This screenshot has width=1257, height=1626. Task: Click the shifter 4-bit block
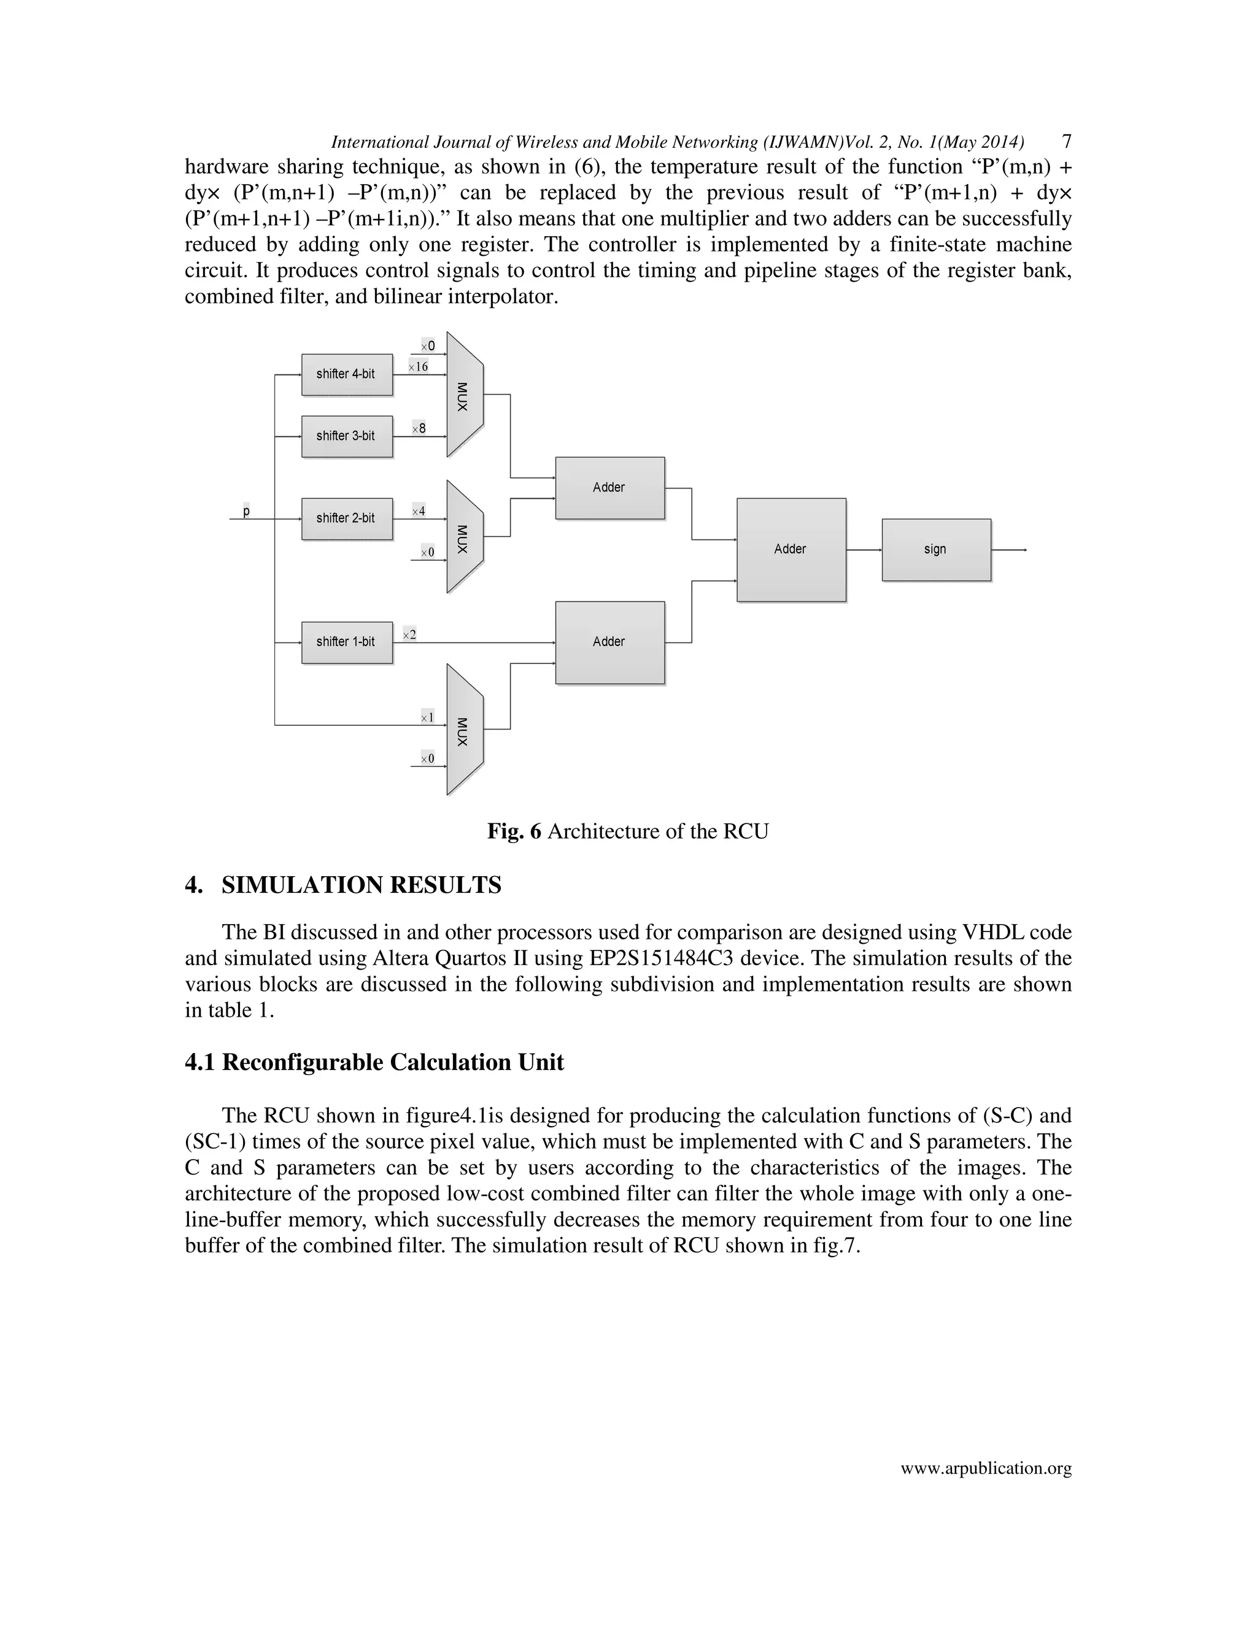346,374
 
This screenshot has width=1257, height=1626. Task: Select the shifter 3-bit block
346,436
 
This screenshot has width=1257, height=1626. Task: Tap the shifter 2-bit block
346,518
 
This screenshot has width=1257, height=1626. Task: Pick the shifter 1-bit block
346,642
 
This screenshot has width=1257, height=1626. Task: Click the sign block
936,549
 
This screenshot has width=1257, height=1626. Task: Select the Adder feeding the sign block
791,549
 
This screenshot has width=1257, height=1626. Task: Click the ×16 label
419,366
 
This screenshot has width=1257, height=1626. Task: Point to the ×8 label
419,428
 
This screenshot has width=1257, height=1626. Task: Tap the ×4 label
419,511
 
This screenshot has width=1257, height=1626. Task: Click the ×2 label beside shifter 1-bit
409,634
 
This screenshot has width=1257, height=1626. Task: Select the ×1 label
427,717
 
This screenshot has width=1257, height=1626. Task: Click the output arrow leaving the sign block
1010,549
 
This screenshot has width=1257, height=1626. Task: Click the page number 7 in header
1066,142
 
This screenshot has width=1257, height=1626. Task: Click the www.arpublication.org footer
985,1468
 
